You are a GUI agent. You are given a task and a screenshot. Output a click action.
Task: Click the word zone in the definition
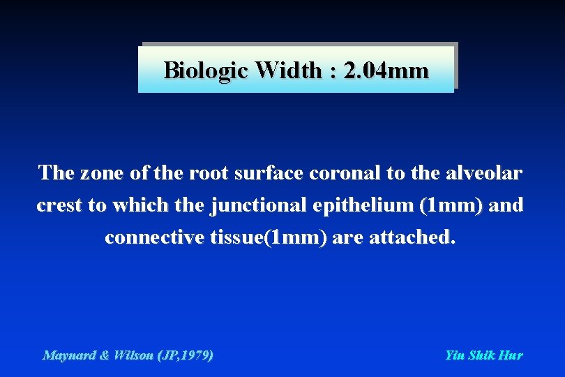[x=95, y=173]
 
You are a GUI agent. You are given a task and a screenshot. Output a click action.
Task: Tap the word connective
[x=154, y=238]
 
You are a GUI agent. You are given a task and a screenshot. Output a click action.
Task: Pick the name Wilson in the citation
[x=136, y=355]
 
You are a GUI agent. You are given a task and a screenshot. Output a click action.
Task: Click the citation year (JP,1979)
[x=186, y=355]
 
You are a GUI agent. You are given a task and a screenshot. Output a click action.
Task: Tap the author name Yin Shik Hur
[x=483, y=355]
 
